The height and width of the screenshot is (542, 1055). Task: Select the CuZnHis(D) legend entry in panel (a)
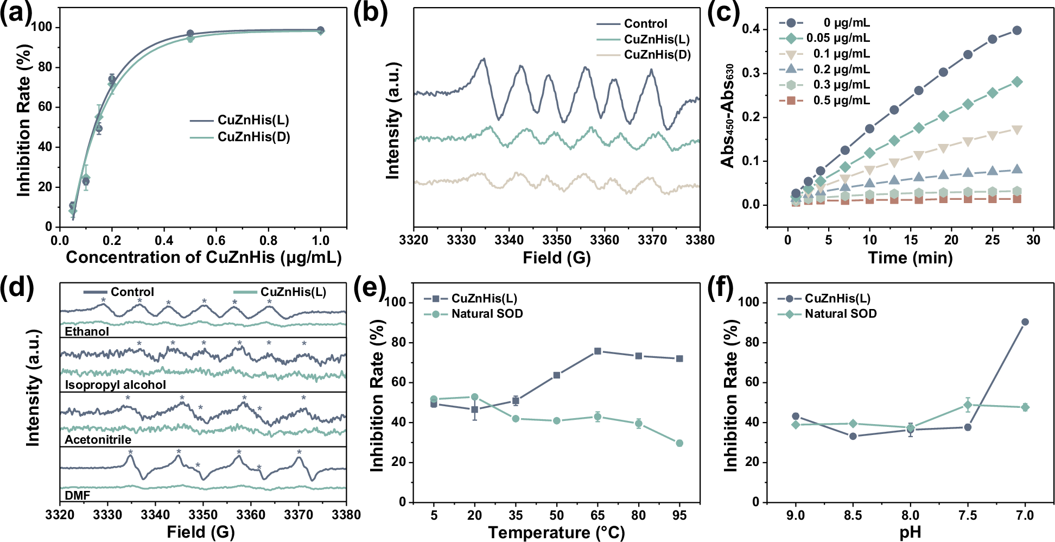253,137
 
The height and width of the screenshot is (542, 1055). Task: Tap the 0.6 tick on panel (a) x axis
216,240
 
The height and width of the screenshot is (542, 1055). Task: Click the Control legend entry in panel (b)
645,23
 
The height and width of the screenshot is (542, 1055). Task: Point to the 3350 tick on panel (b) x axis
557,240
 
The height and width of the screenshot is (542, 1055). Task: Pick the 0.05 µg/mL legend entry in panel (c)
837,38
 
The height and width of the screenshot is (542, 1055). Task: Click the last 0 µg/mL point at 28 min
1016,30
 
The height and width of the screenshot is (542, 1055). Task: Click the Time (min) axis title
910,257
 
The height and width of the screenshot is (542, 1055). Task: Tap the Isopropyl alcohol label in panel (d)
115,385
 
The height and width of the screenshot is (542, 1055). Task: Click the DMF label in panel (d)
77,495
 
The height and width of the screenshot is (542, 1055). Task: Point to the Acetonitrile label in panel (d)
98,440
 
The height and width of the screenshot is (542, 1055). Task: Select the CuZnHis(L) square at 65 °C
598,351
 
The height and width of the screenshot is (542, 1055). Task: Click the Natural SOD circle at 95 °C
679,443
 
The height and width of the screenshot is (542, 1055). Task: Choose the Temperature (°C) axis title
556,532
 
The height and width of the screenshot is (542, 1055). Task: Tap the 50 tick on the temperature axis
556,515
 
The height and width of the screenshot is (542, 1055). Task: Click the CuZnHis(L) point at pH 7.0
1025,322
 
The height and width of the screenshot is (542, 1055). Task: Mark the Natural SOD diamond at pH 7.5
968,405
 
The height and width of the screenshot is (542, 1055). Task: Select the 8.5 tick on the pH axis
853,515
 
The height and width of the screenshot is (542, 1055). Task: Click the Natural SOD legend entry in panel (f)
840,314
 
